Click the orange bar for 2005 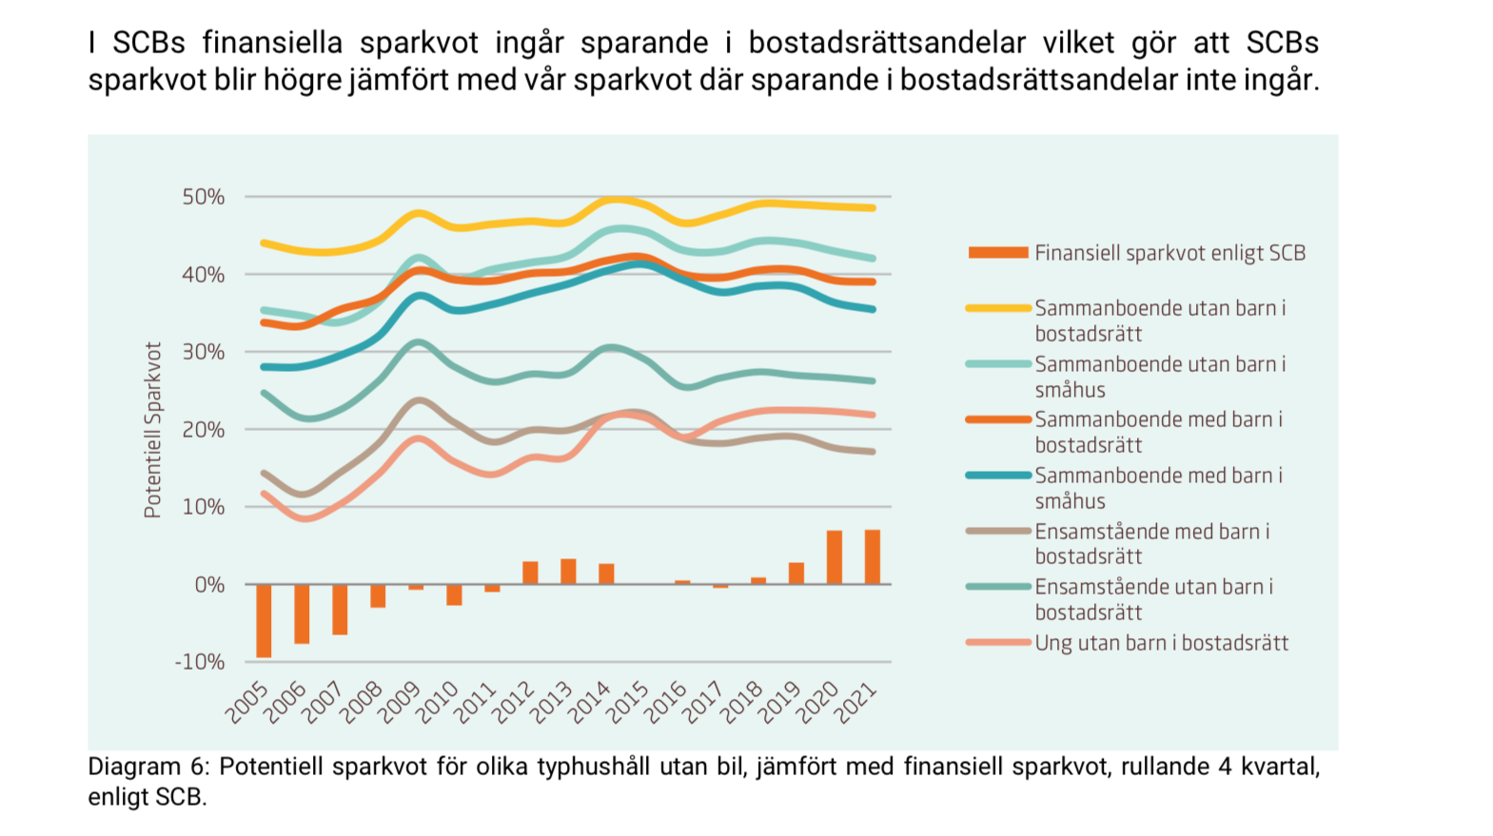(x=264, y=620)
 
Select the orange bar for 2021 (x=872, y=557)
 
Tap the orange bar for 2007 (x=340, y=610)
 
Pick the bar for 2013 (x=568, y=572)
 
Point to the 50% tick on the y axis (x=204, y=197)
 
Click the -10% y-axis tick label (x=200, y=662)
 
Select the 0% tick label (x=209, y=585)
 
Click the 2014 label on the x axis (x=590, y=702)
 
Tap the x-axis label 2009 (x=400, y=702)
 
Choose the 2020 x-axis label (x=818, y=702)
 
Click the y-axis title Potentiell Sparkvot (x=152, y=430)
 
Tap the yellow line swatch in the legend (x=998, y=308)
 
